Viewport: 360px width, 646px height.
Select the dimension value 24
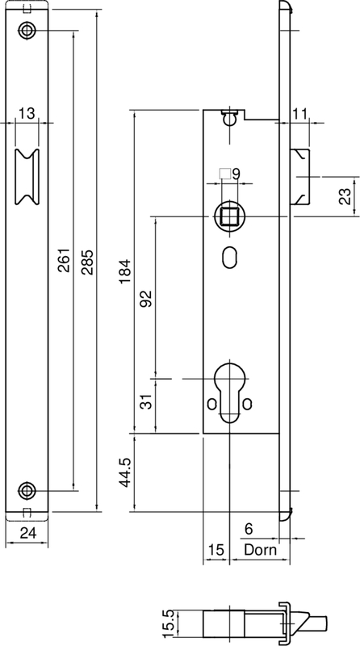coord(28,532)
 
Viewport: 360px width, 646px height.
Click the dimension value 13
coord(27,113)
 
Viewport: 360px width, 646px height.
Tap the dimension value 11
coord(299,114)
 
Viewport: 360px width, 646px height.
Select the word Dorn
coord(259,550)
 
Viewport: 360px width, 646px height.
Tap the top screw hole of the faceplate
coord(29,30)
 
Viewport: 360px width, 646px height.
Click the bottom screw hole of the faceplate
coord(29,489)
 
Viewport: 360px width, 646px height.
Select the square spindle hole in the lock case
coord(228,216)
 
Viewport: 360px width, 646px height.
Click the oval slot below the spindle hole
coord(228,257)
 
